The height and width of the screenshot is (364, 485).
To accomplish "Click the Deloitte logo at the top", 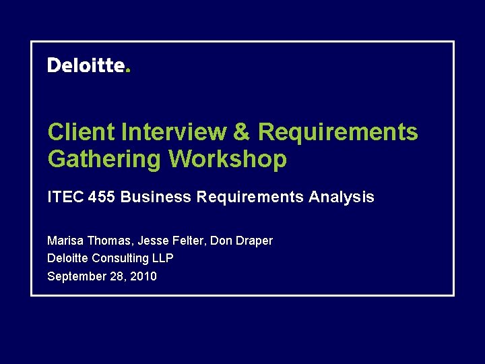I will coord(86,65).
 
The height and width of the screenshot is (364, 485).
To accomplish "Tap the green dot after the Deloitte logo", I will coord(127,70).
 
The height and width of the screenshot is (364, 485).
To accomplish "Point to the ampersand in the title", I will coord(240,132).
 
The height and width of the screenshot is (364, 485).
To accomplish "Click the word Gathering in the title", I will coord(104,159).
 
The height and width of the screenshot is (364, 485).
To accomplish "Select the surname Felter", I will coord(188,241).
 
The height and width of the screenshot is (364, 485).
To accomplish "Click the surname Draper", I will coord(255,241).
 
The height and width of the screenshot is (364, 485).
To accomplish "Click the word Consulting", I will coord(121,258).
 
